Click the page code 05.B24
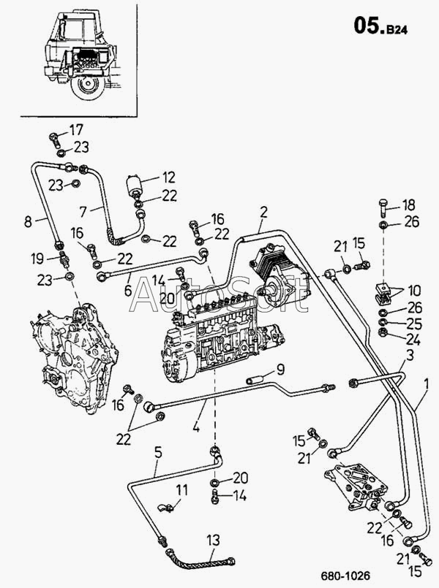(380, 26)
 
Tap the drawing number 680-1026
(345, 576)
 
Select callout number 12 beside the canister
(169, 177)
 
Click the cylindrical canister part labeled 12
(135, 186)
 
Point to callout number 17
(76, 130)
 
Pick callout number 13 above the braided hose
(214, 541)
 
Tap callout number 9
(280, 370)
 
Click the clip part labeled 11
(165, 508)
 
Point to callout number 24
(413, 340)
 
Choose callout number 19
(37, 259)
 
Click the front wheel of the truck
(87, 87)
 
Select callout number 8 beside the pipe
(28, 221)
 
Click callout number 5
(158, 453)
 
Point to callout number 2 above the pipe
(263, 213)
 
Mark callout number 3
(410, 355)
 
